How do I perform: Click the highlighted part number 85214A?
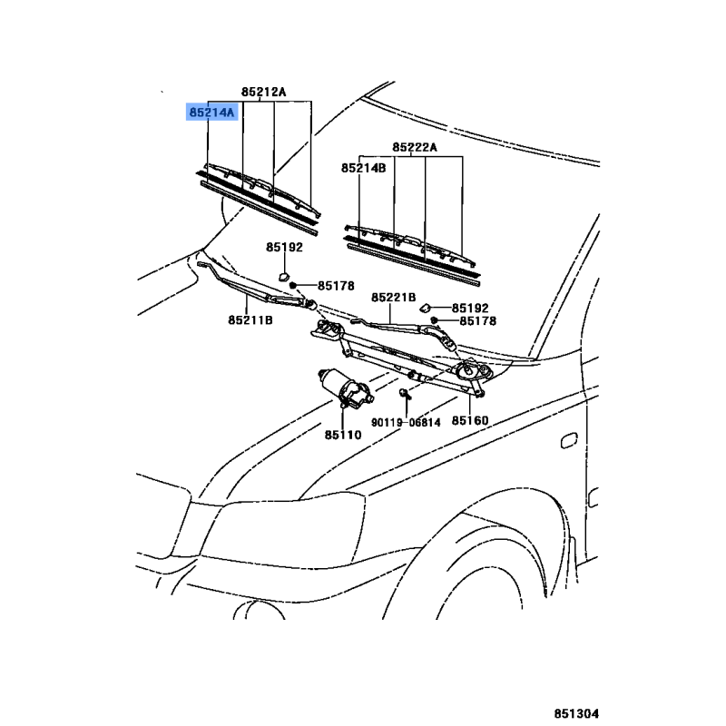click(212, 112)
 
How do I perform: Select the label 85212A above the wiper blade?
click(263, 92)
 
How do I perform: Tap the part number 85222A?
click(415, 147)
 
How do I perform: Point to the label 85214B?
click(364, 168)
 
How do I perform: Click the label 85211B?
click(250, 320)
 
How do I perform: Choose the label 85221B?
click(394, 298)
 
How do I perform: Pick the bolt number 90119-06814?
click(406, 422)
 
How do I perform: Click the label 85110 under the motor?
click(343, 435)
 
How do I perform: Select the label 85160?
click(470, 420)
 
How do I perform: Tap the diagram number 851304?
click(576, 713)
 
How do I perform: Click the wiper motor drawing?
click(346, 389)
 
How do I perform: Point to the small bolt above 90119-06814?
click(404, 394)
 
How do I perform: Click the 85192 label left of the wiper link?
click(284, 247)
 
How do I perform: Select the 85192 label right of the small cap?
click(470, 308)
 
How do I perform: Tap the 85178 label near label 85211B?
click(336, 286)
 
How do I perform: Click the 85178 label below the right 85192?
click(478, 321)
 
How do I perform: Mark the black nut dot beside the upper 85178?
click(292, 285)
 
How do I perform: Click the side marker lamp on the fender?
click(569, 441)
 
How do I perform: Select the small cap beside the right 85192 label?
click(426, 308)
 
